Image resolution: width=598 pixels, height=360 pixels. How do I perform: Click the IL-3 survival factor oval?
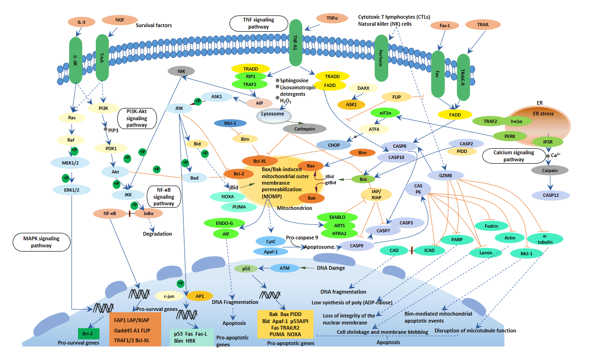[x=81, y=22]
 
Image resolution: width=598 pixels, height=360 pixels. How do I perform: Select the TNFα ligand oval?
[x=333, y=18]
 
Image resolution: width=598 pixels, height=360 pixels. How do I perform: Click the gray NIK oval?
[x=182, y=71]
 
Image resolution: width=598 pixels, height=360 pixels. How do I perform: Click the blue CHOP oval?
[x=334, y=145]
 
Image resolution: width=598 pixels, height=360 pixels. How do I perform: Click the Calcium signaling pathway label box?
[x=513, y=156]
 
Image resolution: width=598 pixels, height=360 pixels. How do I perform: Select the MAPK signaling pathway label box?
[x=42, y=242]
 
